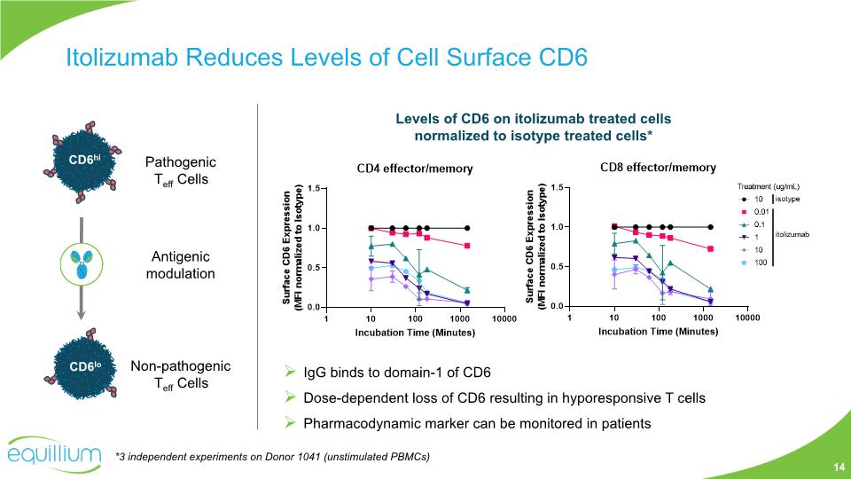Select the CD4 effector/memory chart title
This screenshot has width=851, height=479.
414,169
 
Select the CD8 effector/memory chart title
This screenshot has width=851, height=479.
658,167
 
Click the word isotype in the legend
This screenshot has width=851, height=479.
792,200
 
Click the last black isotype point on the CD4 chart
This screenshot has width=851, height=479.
467,228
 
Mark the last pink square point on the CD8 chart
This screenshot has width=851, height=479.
710,248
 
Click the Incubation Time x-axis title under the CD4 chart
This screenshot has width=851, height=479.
415,333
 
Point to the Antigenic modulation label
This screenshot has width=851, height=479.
180,264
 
